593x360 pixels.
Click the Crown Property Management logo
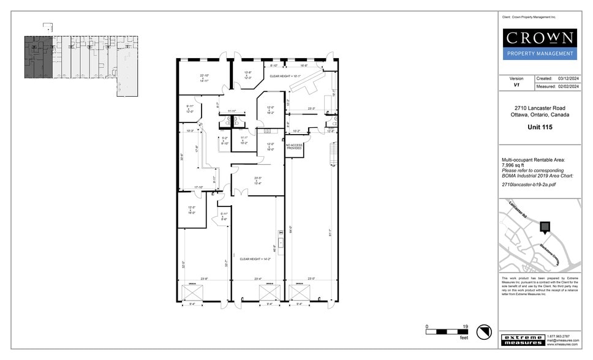540,43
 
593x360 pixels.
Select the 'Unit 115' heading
540,127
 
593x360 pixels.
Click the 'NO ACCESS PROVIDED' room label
293,147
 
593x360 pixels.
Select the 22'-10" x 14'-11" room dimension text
205,78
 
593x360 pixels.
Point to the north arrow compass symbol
485,331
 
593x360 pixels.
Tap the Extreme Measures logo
523,340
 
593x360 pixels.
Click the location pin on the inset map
543,227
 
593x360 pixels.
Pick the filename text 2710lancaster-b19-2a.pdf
529,184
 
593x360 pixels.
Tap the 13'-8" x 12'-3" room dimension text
248,76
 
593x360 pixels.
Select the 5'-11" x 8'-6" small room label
224,216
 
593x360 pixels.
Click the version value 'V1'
516,87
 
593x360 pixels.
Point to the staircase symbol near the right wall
333,153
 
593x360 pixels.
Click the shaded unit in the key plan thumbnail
37,57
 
